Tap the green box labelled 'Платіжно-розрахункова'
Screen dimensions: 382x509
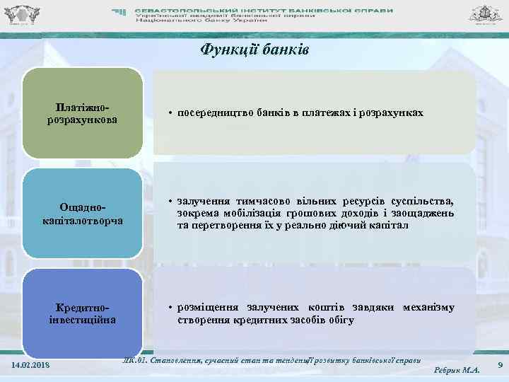tap(82, 113)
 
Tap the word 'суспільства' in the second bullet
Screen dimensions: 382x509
tap(424, 201)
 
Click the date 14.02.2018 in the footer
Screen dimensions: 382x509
tap(32, 365)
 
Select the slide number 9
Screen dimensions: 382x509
tap(500, 364)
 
